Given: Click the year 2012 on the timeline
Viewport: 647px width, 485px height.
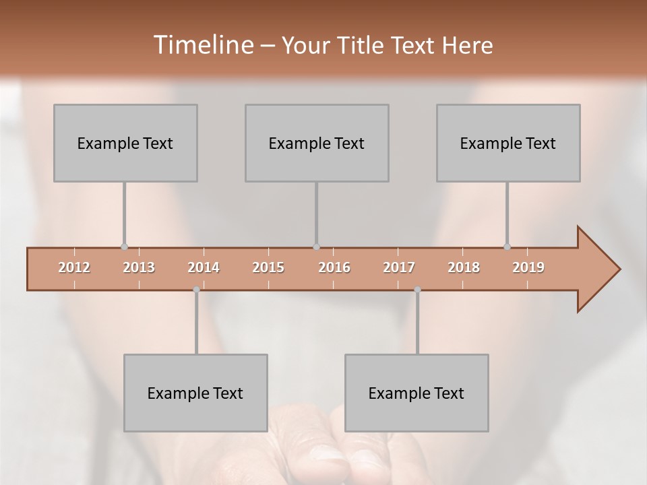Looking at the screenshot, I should pyautogui.click(x=74, y=267).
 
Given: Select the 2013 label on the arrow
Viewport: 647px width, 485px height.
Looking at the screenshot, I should pyautogui.click(x=139, y=267).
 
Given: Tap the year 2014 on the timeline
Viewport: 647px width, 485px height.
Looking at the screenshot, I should pyautogui.click(x=204, y=267).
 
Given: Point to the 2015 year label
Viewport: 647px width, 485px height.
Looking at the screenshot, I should pyautogui.click(x=268, y=267).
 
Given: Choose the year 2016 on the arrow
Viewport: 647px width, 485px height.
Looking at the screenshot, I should pyautogui.click(x=334, y=267).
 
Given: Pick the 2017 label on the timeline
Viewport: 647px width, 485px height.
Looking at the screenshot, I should pyautogui.click(x=399, y=267).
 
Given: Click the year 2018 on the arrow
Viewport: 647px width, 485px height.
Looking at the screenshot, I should pyautogui.click(x=464, y=267).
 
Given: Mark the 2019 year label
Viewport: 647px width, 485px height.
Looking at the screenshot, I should pyautogui.click(x=528, y=267).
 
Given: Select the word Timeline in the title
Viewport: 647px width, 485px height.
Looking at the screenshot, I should pyautogui.click(x=202, y=44).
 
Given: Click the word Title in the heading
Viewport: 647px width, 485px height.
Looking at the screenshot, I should pyautogui.click(x=365, y=45).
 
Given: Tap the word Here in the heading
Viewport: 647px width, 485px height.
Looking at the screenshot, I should pyautogui.click(x=467, y=45).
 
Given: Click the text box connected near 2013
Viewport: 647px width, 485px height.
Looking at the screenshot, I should pyautogui.click(x=125, y=143).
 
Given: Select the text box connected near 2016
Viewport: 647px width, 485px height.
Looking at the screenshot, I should pyautogui.click(x=317, y=143).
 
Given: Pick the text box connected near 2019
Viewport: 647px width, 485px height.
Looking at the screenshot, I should pyautogui.click(x=508, y=143).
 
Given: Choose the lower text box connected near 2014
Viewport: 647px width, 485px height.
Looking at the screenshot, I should pyautogui.click(x=195, y=393).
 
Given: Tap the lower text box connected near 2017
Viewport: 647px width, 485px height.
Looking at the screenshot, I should pyautogui.click(x=417, y=393).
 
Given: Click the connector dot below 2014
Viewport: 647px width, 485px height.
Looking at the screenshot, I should pyautogui.click(x=196, y=290).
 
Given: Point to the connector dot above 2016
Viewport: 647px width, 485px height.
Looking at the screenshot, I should pyautogui.click(x=317, y=247).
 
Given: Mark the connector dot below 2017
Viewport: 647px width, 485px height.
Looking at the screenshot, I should pyautogui.click(x=417, y=290).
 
